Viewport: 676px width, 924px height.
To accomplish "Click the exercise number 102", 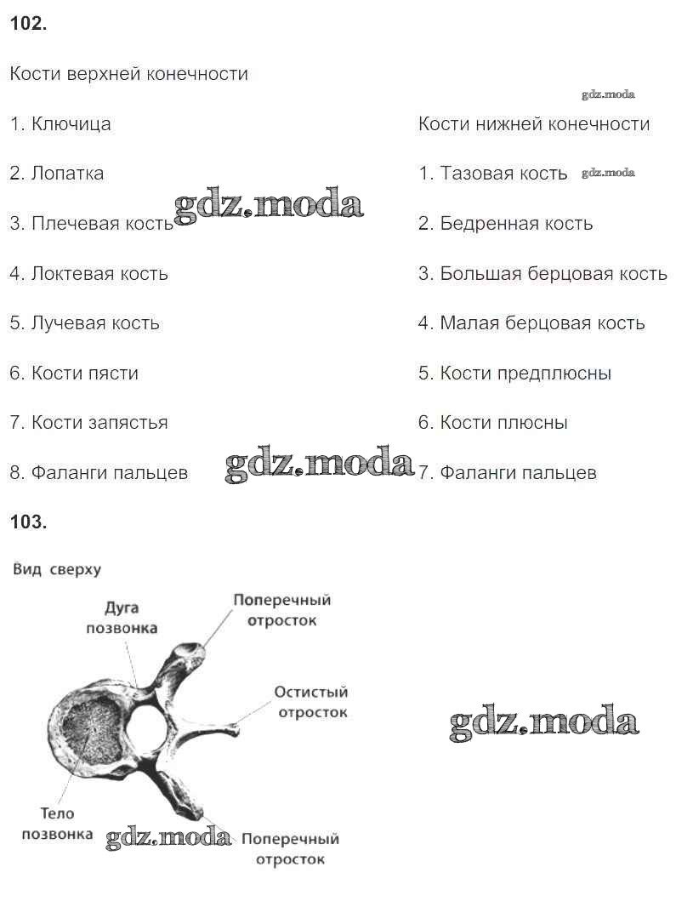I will [28, 24].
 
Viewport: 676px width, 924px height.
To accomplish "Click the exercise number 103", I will [28, 522].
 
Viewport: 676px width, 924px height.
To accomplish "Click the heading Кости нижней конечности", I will [534, 124].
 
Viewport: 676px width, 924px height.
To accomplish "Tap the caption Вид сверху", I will [57, 570].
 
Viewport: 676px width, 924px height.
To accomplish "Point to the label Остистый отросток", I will [311, 702].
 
